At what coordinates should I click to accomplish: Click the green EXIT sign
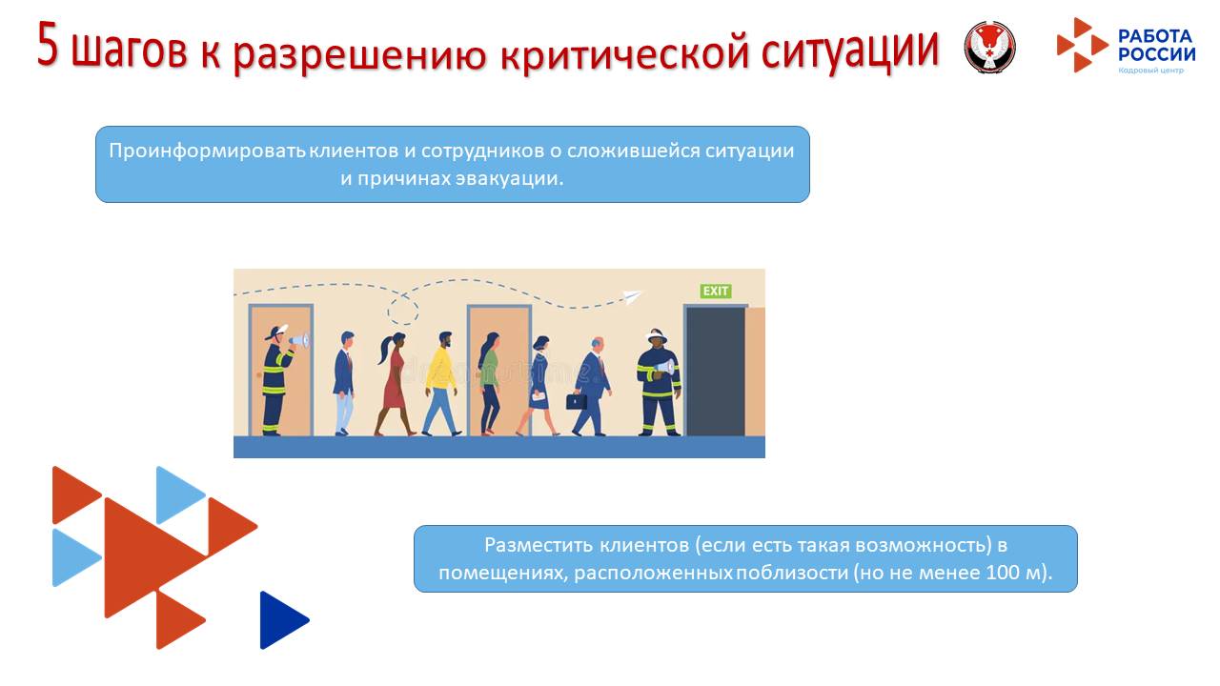pyautogui.click(x=716, y=291)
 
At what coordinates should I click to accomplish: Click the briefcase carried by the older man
pyautogui.click(x=577, y=401)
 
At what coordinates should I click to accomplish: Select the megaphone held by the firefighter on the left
pyautogui.click(x=299, y=339)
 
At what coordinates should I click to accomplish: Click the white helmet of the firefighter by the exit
pyautogui.click(x=657, y=335)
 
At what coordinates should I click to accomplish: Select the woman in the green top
pyautogui.click(x=490, y=381)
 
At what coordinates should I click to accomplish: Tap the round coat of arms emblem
pyautogui.click(x=989, y=47)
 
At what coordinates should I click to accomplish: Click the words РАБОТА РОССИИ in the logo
pyautogui.click(x=1155, y=45)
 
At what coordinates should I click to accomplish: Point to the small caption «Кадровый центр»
pyautogui.click(x=1150, y=71)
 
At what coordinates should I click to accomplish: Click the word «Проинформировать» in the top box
pyautogui.click(x=207, y=151)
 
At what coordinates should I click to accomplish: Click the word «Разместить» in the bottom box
pyautogui.click(x=539, y=546)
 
